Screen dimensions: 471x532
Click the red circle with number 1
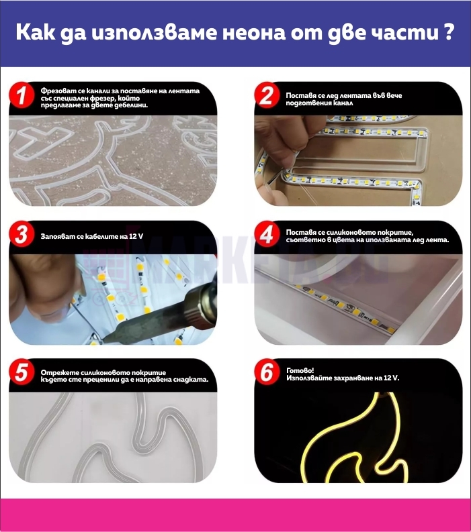pos(22,95)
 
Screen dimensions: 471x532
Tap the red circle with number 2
pos(267,95)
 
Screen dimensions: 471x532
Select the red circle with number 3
pos(22,233)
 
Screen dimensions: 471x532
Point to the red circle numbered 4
pos(267,233)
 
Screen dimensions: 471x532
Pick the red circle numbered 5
pos(22,372)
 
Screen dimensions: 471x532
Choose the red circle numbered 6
pos(267,372)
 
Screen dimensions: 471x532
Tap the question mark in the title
pos(449,32)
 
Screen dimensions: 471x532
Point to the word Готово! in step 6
pos(300,370)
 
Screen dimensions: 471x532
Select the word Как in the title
pos(36,32)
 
